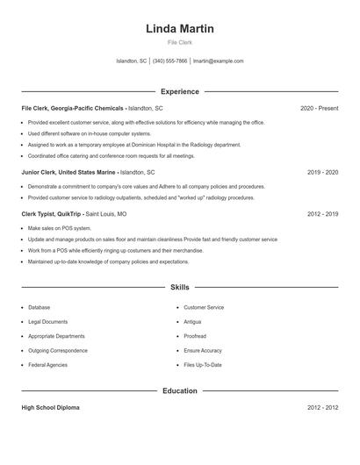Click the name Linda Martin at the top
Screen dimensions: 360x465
[x=179, y=29]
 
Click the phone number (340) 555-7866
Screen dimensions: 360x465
[x=170, y=61]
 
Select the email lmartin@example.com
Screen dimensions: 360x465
[x=218, y=61]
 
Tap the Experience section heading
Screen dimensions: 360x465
[x=179, y=91]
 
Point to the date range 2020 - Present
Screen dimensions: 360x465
[x=319, y=108]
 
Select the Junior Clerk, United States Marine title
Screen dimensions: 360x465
[x=68, y=173]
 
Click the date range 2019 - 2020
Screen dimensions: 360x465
[x=322, y=173]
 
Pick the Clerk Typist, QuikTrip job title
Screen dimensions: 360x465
[x=52, y=213]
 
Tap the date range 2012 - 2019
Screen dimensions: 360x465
[x=322, y=213]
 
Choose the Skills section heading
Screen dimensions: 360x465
[x=179, y=287]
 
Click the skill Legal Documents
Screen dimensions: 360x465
[x=47, y=322]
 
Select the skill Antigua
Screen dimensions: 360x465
[x=192, y=322]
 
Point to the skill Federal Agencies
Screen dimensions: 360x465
[x=47, y=364]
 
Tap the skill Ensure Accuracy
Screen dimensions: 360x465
[x=203, y=350]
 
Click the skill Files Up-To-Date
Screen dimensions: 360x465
[x=203, y=364]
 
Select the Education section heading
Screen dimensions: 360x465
[x=179, y=390]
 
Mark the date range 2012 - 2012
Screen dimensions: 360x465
[x=322, y=408]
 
